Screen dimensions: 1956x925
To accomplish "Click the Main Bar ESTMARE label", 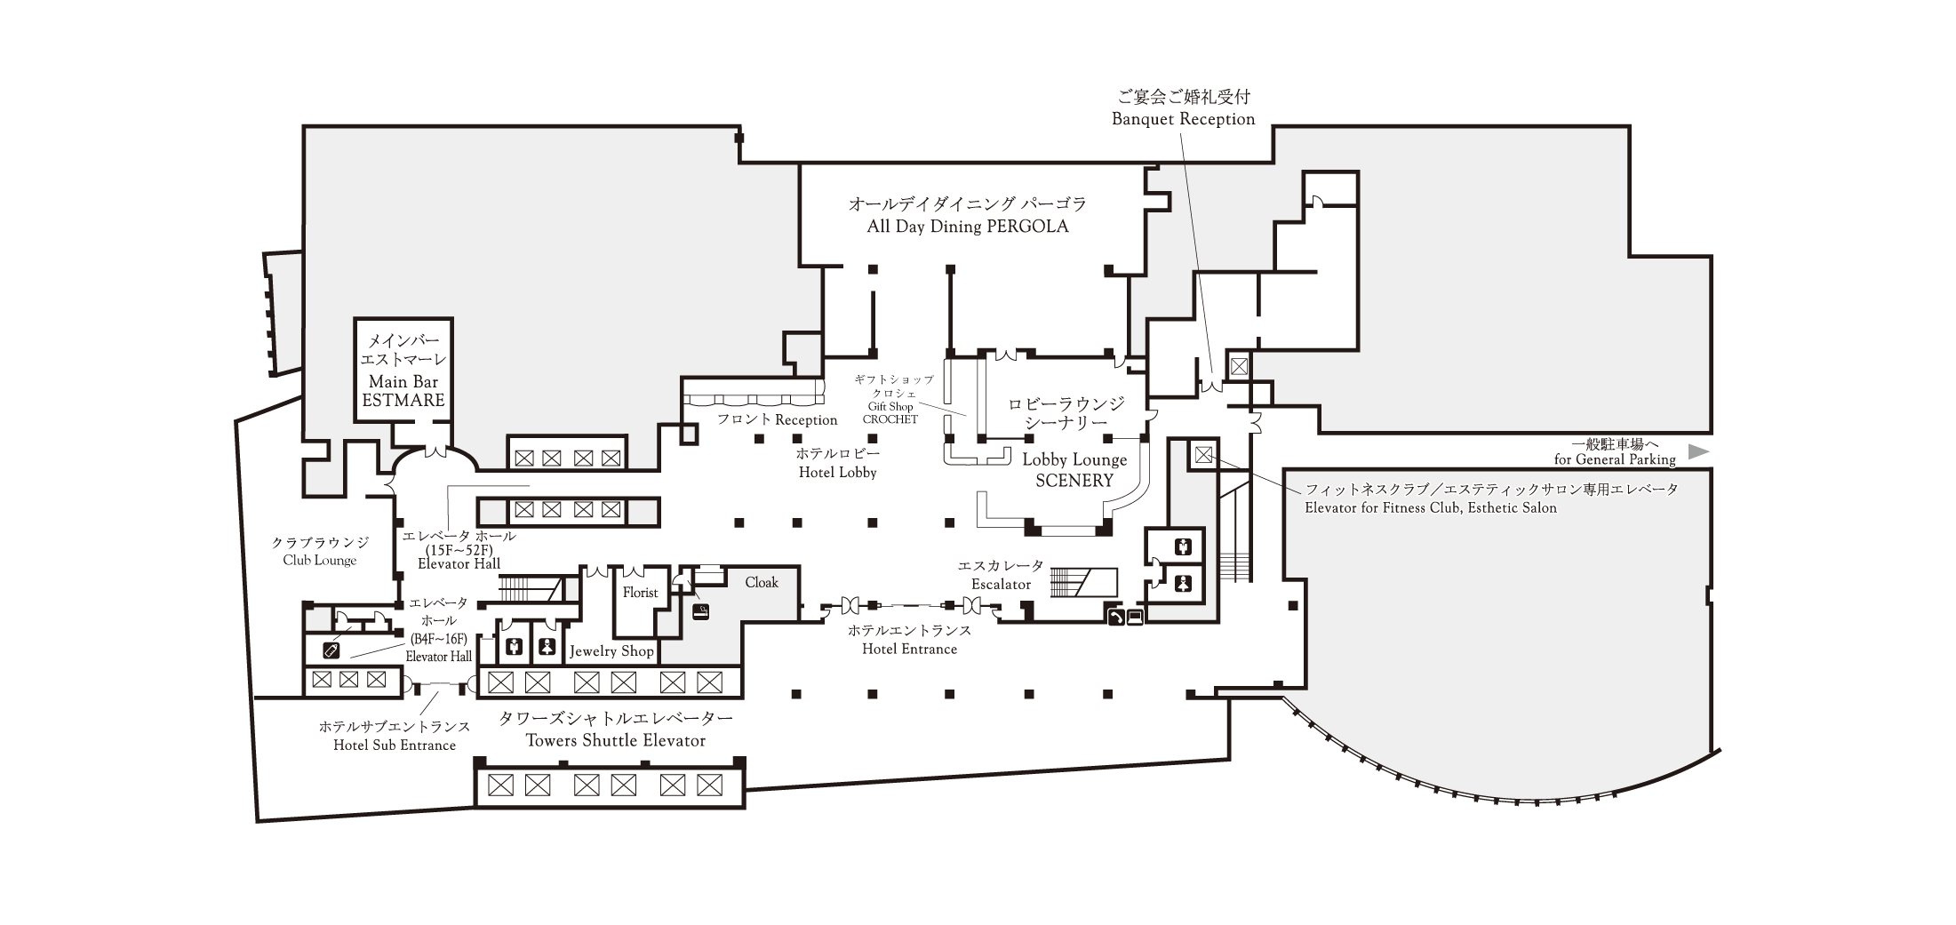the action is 403,391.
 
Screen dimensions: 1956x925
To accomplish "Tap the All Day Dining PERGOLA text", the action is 968,227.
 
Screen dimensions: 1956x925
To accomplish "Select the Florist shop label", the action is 640,593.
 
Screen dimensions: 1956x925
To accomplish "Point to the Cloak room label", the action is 762,582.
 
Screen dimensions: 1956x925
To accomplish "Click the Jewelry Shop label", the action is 611,651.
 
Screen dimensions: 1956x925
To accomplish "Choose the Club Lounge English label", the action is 320,561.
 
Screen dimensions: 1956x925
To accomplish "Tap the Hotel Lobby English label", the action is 837,473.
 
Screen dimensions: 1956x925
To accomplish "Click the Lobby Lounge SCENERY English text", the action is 1074,470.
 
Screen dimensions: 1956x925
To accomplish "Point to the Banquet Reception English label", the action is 1184,119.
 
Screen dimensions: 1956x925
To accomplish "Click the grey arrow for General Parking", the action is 1698,451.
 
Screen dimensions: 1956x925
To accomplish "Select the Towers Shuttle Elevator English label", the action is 616,741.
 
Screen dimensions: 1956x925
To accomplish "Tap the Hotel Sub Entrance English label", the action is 395,746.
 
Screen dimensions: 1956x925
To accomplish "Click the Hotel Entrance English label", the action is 909,650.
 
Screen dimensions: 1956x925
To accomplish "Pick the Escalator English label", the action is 1001,585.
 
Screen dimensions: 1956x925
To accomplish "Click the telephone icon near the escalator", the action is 1115,616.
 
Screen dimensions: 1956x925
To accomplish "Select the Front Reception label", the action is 778,419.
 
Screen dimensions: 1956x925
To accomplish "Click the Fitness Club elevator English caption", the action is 1431,508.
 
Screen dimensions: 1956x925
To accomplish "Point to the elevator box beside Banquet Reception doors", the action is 1239,365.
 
